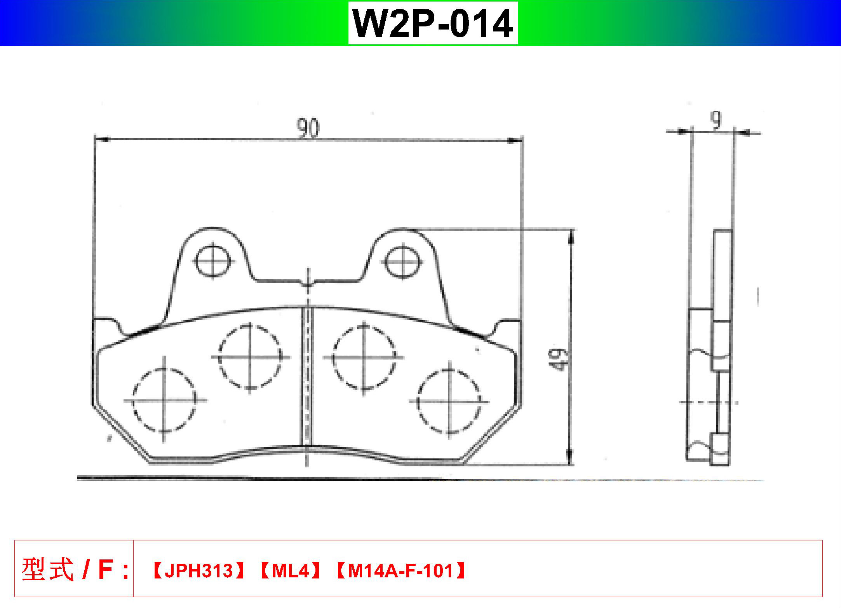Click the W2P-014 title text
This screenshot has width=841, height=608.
pos(433,23)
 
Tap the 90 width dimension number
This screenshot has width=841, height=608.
pos(308,128)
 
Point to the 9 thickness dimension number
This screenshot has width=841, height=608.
pos(716,120)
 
